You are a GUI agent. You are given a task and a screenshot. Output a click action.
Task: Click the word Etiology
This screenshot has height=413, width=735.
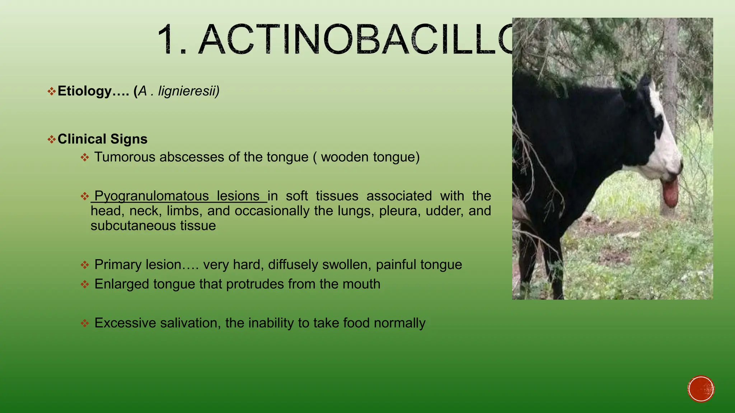[x=84, y=91]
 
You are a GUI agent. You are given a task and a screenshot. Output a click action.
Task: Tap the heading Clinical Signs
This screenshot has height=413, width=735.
[x=102, y=139]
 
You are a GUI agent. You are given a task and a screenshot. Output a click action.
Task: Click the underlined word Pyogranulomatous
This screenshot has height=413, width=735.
[x=151, y=196]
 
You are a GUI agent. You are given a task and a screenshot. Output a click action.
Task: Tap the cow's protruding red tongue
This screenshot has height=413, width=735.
[x=670, y=193]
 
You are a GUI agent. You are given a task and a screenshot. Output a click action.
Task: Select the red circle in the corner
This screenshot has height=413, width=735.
[x=701, y=389]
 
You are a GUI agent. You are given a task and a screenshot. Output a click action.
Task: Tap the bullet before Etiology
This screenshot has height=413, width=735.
[x=52, y=91]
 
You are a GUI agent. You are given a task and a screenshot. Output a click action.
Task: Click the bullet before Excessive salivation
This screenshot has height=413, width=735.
[x=85, y=323]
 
